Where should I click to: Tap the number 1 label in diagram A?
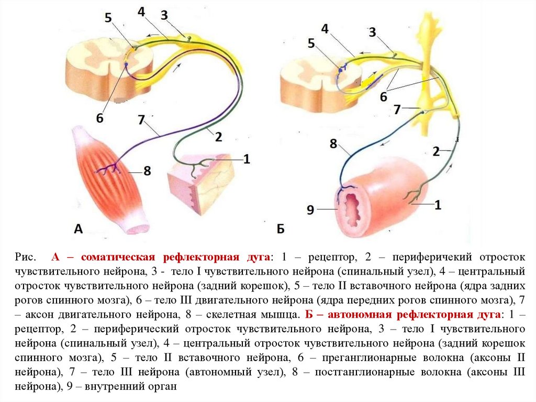[247, 158]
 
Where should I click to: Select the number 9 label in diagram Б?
[310, 210]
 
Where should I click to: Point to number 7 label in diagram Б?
[397, 110]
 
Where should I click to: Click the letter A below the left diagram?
[79, 229]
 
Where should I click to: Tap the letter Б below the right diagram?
[281, 229]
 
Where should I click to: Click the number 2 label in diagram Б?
[436, 151]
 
